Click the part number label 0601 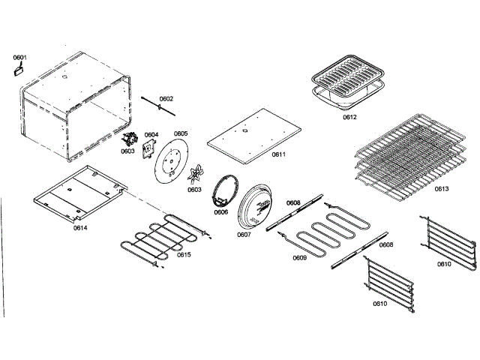pyautogui.click(x=19, y=57)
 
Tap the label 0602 pyautogui.click(x=166, y=98)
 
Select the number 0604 pyautogui.click(x=151, y=135)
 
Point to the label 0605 pyautogui.click(x=181, y=133)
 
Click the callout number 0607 pyautogui.click(x=244, y=235)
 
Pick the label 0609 pyautogui.click(x=299, y=258)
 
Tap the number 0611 pyautogui.click(x=278, y=154)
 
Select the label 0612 pyautogui.click(x=350, y=118)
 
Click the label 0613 pyautogui.click(x=441, y=188)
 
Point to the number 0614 pyautogui.click(x=80, y=227)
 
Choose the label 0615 pyautogui.click(x=184, y=254)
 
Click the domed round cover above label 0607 pyautogui.click(x=258, y=205)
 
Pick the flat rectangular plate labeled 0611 pyautogui.click(x=253, y=133)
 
